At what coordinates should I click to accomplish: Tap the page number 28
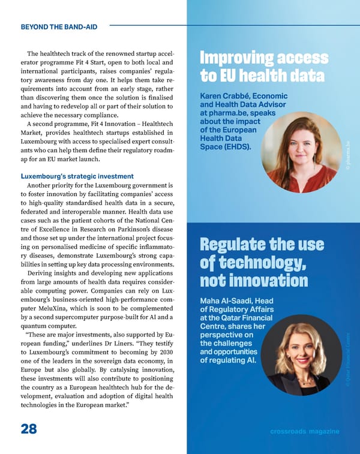[x=28, y=429]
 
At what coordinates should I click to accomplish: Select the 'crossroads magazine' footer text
[x=304, y=432]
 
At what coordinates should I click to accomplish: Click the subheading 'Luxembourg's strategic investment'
[x=77, y=176]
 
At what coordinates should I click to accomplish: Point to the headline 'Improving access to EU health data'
[x=263, y=67]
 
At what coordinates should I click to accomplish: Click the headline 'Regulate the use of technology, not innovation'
[x=262, y=263]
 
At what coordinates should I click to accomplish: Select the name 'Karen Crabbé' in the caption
[x=223, y=97]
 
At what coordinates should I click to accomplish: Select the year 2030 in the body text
[x=166, y=352]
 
